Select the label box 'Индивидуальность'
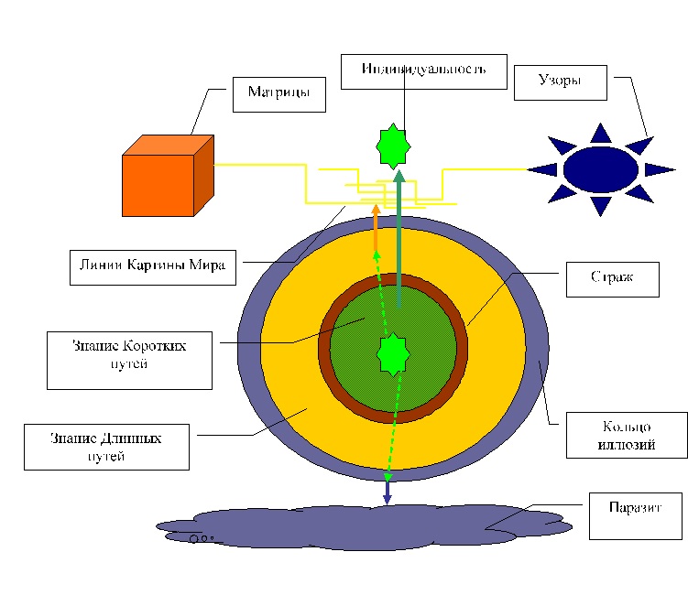[423, 71]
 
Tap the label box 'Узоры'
[560, 82]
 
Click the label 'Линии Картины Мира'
[153, 266]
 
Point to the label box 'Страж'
[612, 279]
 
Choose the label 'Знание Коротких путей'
[129, 360]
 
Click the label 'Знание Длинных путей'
[106, 447]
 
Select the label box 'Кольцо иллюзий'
[627, 435]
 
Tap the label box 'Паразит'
[636, 515]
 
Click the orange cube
[158, 185]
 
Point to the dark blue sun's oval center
[600, 169]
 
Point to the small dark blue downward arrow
[388, 494]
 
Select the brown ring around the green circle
[324, 349]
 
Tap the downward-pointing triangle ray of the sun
[600, 206]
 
